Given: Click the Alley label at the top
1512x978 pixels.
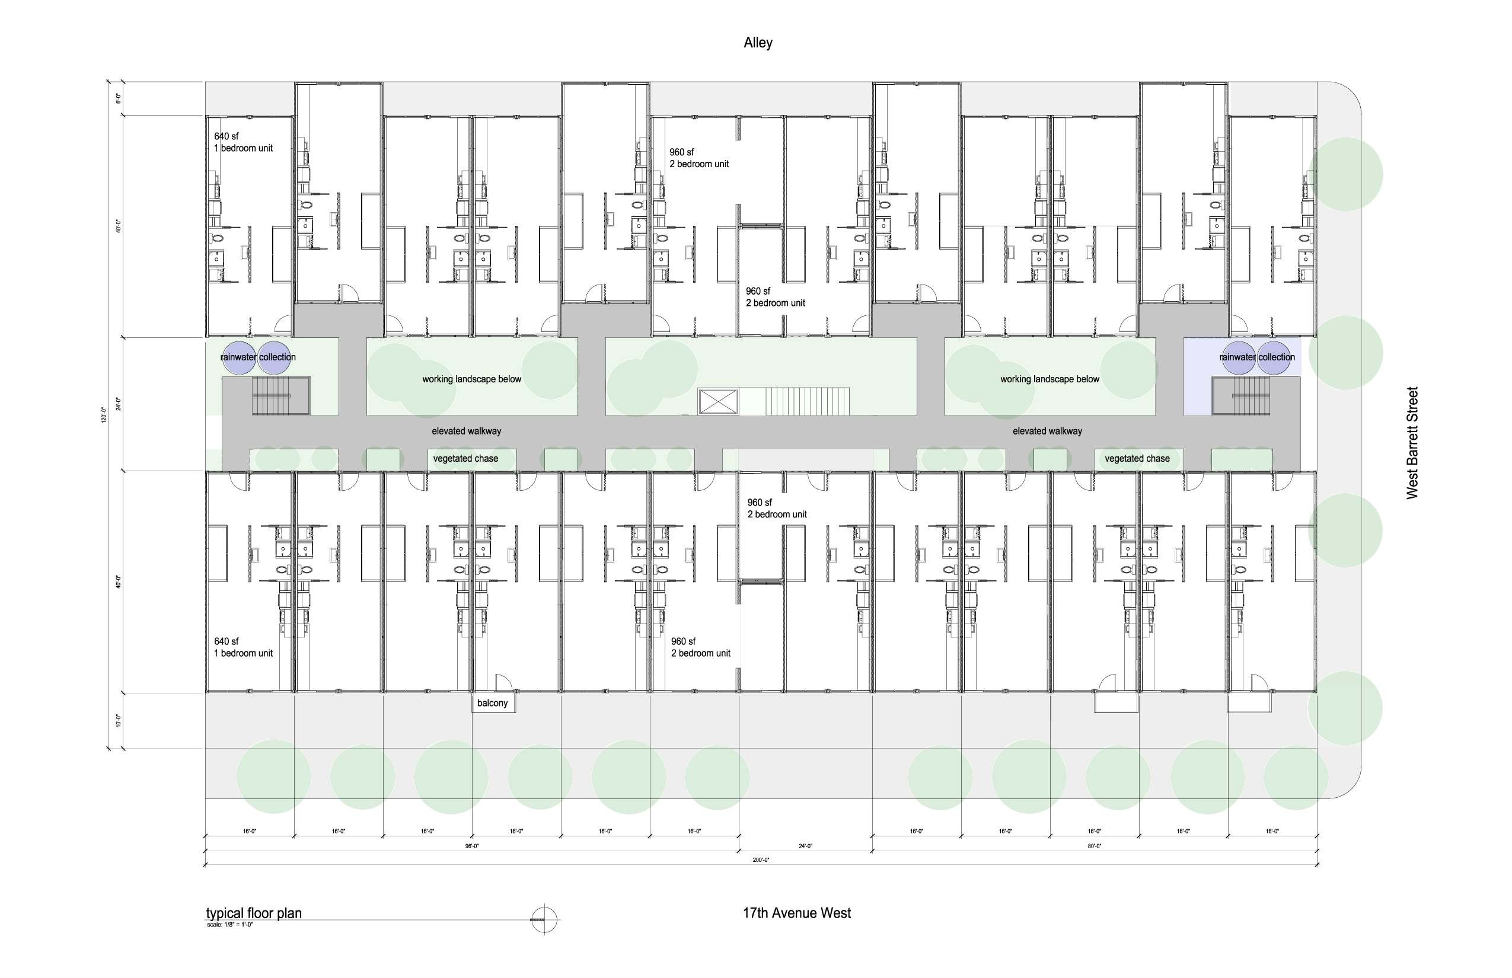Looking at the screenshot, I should coord(758,43).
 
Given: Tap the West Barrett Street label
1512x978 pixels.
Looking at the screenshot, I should coord(1412,443).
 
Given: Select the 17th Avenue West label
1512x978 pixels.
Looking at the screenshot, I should coord(797,913).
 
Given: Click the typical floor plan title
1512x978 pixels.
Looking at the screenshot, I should coord(254,913).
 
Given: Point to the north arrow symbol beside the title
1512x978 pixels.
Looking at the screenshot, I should coord(544,919).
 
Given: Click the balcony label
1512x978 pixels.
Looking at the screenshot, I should coord(492,703).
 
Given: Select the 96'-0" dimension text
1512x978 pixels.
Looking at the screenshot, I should coord(471,846).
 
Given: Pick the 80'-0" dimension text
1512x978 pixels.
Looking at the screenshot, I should coord(1094,846).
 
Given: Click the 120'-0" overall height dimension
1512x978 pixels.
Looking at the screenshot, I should coord(104,416).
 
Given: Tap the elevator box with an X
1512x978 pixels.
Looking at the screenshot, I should coord(718,402).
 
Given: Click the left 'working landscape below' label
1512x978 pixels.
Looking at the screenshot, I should coord(471,379).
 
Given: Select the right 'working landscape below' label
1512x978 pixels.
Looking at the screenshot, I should coord(1050,379).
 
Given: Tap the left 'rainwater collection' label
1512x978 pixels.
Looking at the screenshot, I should coord(258,357).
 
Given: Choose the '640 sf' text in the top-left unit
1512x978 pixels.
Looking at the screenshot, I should coord(226,136).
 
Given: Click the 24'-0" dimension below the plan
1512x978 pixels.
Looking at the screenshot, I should coord(806,846).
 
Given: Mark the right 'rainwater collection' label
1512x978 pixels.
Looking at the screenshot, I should coord(1256,357).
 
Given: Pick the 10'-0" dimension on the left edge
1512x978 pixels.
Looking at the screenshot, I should coord(118,720).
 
